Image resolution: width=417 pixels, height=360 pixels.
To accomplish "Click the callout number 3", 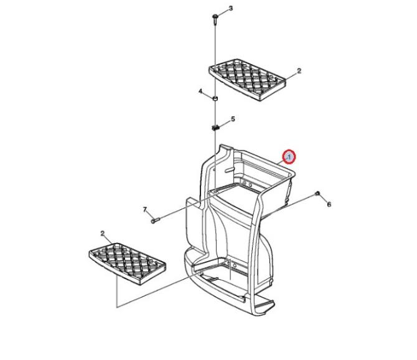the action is point(230,9).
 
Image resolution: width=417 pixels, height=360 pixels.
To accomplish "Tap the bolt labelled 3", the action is point(215,20).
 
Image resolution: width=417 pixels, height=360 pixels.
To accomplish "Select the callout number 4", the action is point(200,92).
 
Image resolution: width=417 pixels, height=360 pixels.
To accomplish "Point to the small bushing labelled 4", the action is point(215,98).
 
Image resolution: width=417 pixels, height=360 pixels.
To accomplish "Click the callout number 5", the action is point(233,119).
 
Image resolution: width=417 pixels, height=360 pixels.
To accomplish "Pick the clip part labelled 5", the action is point(215,128).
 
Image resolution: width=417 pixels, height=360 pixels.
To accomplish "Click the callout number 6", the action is point(329,204).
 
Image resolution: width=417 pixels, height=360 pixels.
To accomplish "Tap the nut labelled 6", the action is point(317,194).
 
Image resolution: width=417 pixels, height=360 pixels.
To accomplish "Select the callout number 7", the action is point(145,210).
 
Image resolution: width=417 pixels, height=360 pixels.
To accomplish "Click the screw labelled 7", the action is point(155,220).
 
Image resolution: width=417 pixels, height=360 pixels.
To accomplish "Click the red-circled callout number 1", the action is point(289,157).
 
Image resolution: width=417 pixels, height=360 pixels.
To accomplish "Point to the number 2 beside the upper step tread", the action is point(299,71).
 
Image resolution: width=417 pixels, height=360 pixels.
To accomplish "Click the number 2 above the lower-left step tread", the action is point(103,234).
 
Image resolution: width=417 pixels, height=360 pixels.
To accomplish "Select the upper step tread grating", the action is point(247,80).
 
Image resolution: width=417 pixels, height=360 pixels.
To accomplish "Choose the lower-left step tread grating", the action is point(128,263).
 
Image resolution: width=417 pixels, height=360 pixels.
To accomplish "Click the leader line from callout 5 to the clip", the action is point(224,124).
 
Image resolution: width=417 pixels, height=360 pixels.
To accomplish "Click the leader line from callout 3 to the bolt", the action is point(223,13).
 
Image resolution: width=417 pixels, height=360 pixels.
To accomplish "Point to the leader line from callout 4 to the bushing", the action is point(208,95).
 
